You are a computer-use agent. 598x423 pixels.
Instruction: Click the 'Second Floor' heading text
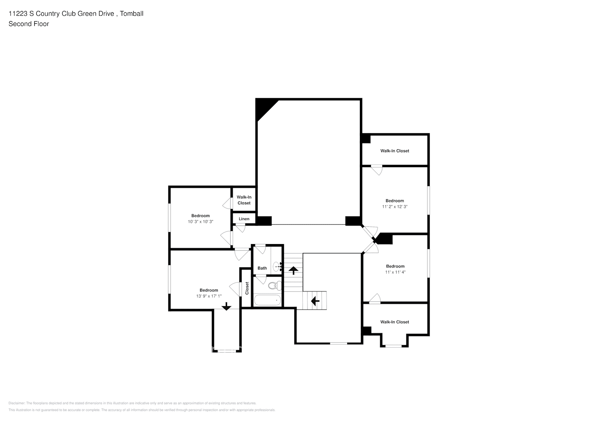29,24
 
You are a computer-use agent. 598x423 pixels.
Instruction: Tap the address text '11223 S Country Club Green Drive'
61,14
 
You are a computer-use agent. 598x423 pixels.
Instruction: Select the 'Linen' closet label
244,219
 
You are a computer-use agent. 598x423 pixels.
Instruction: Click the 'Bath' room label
262,268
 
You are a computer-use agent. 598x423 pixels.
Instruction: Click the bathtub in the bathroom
267,300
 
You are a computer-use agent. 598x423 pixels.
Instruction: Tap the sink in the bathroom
277,266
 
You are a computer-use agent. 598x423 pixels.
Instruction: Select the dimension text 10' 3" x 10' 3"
200,222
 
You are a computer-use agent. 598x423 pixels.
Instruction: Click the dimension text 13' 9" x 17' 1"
208,296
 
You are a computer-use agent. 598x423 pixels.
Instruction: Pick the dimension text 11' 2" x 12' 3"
395,207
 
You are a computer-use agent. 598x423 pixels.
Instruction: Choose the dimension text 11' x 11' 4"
395,272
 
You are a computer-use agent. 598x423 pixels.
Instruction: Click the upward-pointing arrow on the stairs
293,270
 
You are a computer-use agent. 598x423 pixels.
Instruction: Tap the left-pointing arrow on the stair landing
315,301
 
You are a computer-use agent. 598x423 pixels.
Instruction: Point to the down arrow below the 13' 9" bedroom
226,306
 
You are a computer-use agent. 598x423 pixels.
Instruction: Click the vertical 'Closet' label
247,288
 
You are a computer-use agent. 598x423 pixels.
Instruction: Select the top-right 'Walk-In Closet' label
395,151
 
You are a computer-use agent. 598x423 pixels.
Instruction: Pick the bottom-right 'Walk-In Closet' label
395,322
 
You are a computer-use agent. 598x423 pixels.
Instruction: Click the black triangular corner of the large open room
263,107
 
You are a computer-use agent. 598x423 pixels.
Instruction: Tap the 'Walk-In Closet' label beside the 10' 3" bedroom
244,200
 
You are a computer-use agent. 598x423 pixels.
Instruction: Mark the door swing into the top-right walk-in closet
376,170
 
